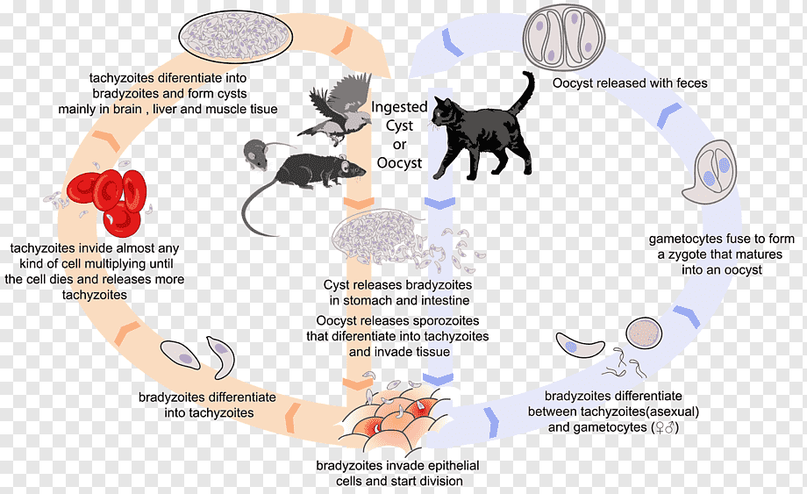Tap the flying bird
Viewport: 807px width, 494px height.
point(338,107)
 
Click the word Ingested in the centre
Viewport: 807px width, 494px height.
point(400,107)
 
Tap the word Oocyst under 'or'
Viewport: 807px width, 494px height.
point(400,163)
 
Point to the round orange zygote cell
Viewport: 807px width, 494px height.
point(641,334)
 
